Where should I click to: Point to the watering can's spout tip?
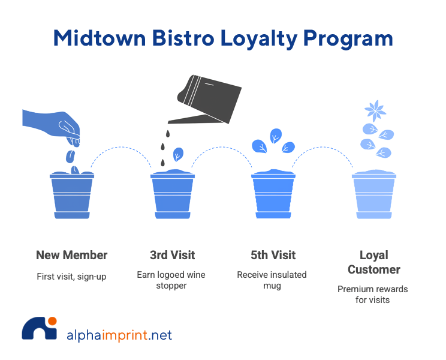coord(170,122)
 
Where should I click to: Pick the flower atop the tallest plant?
coord(376,110)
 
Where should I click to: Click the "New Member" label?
coord(72,255)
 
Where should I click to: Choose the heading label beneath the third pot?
coord(273,255)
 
